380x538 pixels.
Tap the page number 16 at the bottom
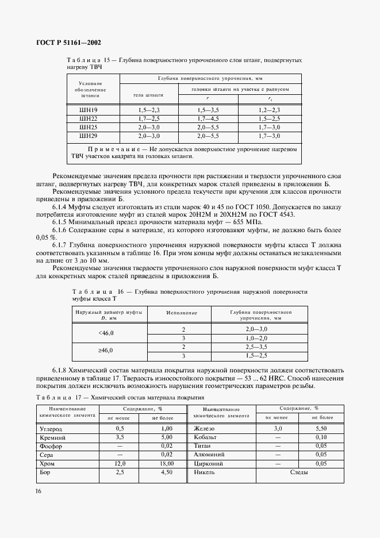pyautogui.click(x=39, y=490)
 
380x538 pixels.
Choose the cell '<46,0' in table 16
pyautogui.click(x=106, y=333)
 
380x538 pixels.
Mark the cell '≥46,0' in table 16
pyautogui.click(x=106, y=350)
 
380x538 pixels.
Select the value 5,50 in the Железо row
pyautogui.click(x=322, y=429)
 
